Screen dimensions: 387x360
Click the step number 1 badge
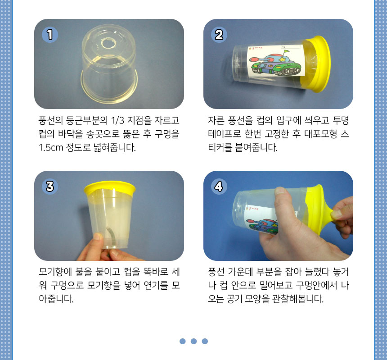pyautogui.click(x=50, y=35)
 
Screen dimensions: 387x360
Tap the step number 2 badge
pyautogui.click(x=219, y=35)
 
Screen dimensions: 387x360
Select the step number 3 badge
pyautogui.click(x=50, y=186)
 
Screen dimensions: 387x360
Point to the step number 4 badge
pyautogui.click(x=219, y=186)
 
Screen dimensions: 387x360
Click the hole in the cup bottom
pyautogui.click(x=108, y=43)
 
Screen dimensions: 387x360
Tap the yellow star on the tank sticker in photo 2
pyautogui.click(x=282, y=59)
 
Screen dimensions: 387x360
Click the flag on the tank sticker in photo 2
pyautogui.click(x=286, y=52)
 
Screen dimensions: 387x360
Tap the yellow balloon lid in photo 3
pyautogui.click(x=110, y=188)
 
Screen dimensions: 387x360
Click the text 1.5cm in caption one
pyautogui.click(x=51, y=147)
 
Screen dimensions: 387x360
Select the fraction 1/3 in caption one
pyautogui.click(x=117, y=121)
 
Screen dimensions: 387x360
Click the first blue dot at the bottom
pyautogui.click(x=182, y=341)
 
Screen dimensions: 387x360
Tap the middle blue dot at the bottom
pyautogui.click(x=194, y=341)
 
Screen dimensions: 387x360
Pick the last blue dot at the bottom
pyautogui.click(x=205, y=341)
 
